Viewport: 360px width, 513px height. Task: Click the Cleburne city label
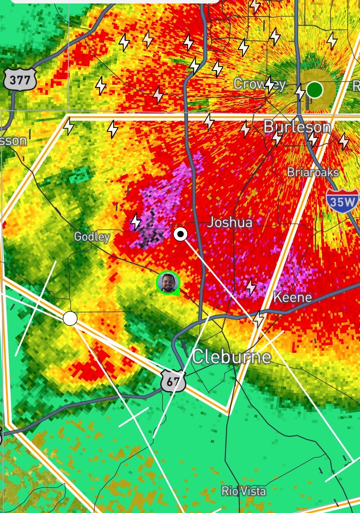[231, 356]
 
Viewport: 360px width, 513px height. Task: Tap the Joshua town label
[229, 222]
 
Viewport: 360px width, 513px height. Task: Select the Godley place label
[91, 236]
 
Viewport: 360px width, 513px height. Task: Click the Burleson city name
[297, 127]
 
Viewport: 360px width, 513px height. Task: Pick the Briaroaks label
[313, 172]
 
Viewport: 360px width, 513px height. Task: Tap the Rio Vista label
[243, 491]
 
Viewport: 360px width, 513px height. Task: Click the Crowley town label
[259, 84]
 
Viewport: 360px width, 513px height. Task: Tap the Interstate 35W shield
[342, 201]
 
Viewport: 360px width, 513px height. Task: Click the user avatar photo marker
[168, 282]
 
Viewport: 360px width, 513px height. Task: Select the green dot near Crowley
[314, 90]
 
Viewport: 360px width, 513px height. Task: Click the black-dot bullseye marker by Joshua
[180, 234]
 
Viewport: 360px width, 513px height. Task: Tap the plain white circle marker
[70, 319]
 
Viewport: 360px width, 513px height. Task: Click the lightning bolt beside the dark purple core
[136, 221]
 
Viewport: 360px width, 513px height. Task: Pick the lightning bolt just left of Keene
[251, 287]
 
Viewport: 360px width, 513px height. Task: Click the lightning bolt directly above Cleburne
[259, 320]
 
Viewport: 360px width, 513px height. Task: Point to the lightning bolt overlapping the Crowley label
[269, 84]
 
